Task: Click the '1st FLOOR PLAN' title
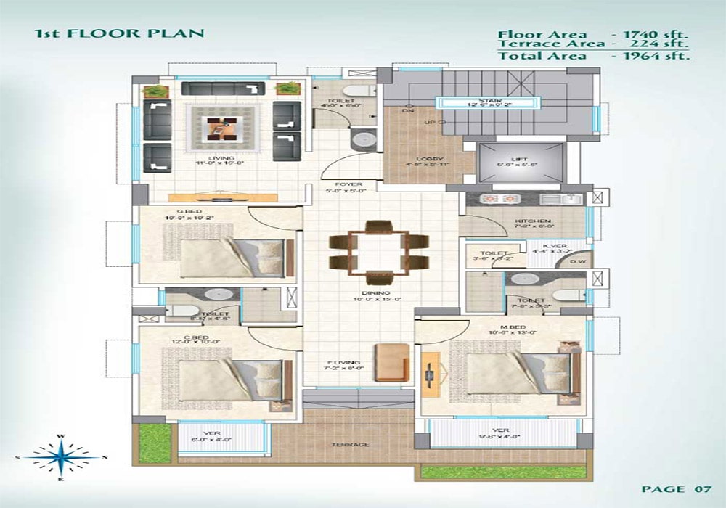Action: point(120,33)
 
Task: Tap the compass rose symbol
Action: point(62,457)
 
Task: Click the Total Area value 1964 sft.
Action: point(651,55)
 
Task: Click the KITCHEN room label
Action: point(532,221)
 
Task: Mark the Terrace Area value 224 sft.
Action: point(651,44)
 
